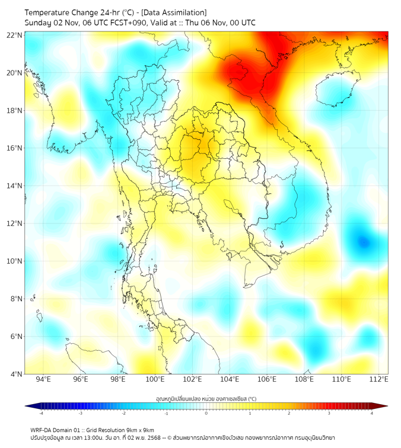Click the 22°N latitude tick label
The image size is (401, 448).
pos(15,36)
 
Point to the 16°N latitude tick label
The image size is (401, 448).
pos(15,148)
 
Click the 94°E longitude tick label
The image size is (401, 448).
pos(43,379)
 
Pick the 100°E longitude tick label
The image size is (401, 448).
pos(155,379)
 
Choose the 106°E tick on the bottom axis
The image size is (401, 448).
pos(267,379)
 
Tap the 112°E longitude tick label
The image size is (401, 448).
pos(379,379)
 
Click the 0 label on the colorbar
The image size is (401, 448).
pos(206,413)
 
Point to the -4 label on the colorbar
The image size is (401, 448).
pos(40,413)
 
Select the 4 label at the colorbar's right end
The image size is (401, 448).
pos(372,413)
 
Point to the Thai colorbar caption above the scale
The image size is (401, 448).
pos(206,398)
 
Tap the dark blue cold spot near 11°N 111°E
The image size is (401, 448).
pos(363,241)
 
